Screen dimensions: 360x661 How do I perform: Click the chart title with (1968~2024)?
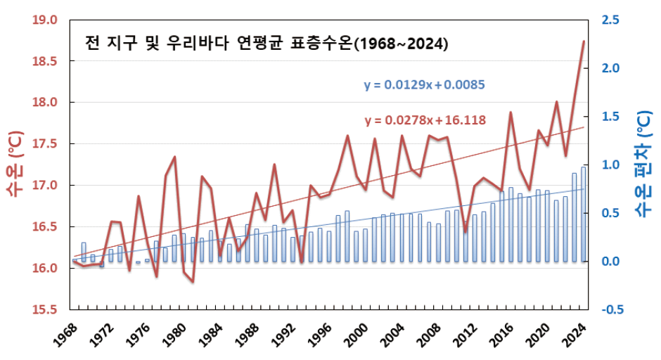tap(267, 44)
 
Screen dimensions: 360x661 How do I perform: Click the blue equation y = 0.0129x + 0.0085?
tap(425, 85)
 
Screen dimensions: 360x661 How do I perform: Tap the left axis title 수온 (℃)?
tap(15, 163)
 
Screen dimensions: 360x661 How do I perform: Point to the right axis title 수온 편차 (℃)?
tap(643, 163)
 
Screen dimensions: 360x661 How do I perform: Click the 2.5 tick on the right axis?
tap(610, 20)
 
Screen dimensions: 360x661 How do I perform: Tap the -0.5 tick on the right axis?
tap(609, 310)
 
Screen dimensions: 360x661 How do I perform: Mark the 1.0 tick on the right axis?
tap(610, 165)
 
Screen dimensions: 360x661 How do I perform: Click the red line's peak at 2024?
tap(584, 41)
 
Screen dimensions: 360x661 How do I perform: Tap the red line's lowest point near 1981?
tap(193, 282)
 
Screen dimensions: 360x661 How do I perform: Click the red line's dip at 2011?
tap(465, 231)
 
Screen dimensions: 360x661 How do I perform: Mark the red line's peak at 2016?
tap(511, 112)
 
